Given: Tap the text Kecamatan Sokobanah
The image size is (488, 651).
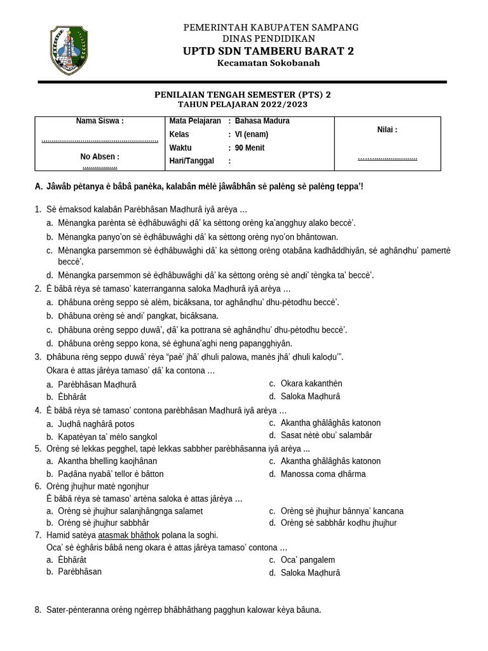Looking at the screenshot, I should click(x=268, y=64).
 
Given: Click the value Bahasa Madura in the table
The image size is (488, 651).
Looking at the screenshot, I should click(x=262, y=121).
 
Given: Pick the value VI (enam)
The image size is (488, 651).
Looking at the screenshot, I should click(x=252, y=134).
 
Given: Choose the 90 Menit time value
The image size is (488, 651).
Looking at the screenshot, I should click(x=250, y=148).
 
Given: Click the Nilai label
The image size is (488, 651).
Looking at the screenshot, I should click(x=387, y=130).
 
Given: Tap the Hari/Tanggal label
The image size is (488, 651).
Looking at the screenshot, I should click(x=192, y=161).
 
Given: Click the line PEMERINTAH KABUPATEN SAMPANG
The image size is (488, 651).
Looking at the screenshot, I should click(x=271, y=27).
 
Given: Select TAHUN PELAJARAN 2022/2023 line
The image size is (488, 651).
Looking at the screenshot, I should click(x=243, y=104).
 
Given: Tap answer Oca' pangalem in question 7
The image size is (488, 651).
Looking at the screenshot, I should click(x=308, y=560).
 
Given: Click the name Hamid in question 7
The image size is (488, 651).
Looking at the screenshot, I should click(x=57, y=535).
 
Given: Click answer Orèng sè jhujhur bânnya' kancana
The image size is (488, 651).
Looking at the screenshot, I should click(x=342, y=511).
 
